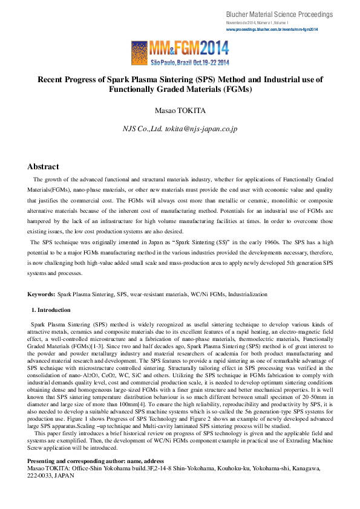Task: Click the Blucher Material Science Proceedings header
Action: [x=279, y=14]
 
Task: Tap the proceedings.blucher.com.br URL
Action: [x=272, y=29]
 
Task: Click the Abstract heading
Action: [x=43, y=166]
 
